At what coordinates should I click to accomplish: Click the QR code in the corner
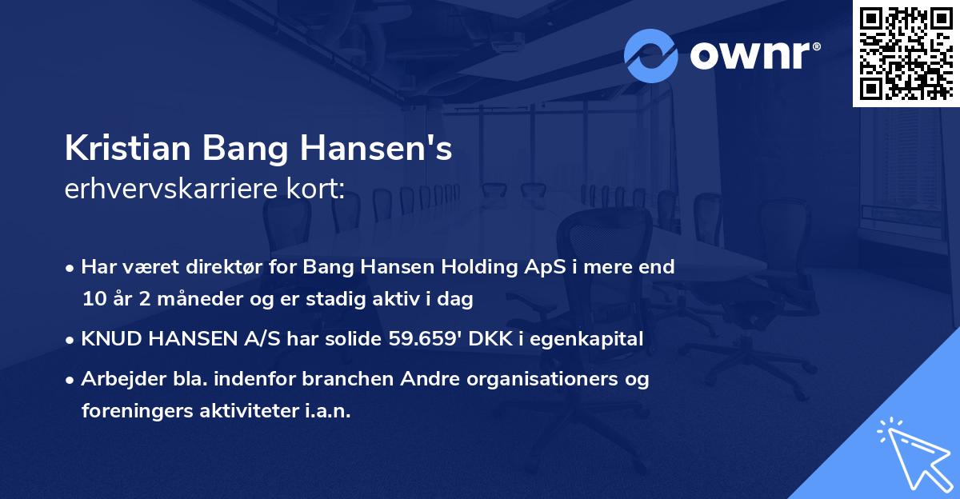906,53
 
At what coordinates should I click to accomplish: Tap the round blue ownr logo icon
651,56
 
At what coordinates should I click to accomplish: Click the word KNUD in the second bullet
106,339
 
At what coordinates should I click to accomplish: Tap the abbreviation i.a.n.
325,411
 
